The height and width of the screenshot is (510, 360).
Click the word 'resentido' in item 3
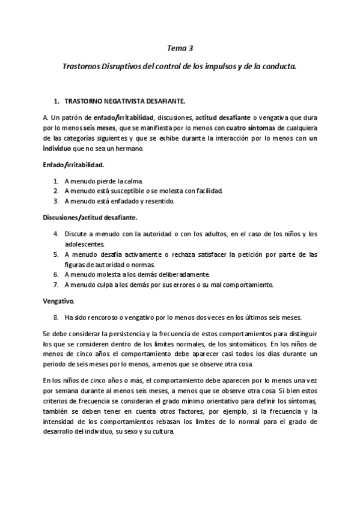click(x=158, y=201)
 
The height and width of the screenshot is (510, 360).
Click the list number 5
click(x=55, y=254)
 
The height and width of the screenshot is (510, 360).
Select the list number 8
click(x=55, y=317)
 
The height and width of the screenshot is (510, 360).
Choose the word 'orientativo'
click(x=209, y=401)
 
